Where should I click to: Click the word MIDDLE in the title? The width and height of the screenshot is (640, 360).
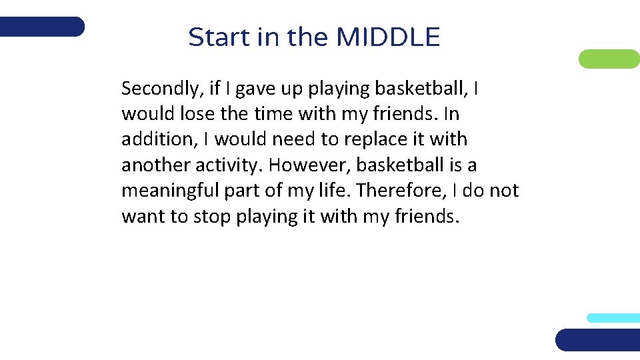coord(388,37)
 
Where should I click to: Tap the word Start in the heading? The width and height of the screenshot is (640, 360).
coord(219,37)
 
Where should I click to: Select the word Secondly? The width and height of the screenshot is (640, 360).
coord(156,89)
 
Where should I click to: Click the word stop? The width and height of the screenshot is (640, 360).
coord(212,217)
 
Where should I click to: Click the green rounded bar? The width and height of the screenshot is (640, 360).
coord(609,59)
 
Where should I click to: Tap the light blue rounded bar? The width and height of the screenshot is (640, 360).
coord(613,318)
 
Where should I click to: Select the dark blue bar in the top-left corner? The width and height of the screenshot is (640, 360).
coord(42,27)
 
